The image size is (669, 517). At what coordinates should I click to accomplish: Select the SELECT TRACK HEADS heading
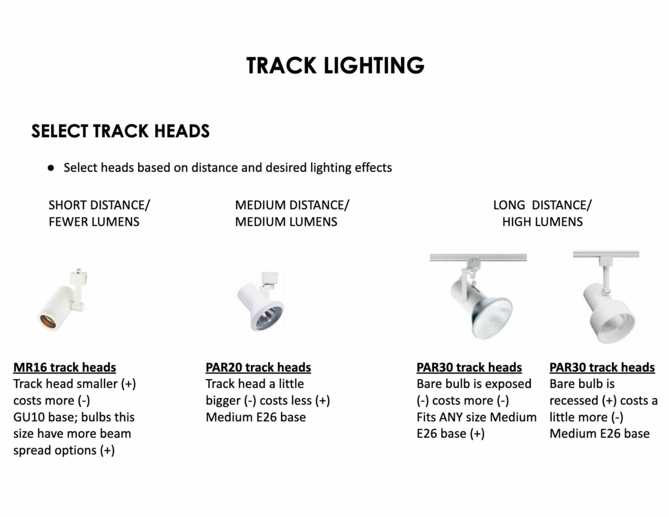120,131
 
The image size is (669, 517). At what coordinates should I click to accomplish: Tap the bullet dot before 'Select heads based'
51,168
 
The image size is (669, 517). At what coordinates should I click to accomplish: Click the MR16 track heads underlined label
65,367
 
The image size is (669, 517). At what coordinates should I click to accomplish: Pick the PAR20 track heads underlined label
258,367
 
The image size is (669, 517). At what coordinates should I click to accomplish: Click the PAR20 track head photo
260,301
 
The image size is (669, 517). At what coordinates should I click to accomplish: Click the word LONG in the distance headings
509,205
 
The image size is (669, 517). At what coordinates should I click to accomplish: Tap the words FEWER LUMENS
94,222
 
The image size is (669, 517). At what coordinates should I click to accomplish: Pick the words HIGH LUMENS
542,222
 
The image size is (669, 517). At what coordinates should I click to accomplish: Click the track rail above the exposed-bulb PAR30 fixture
478,257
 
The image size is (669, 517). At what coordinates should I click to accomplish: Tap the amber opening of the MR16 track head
47,322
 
